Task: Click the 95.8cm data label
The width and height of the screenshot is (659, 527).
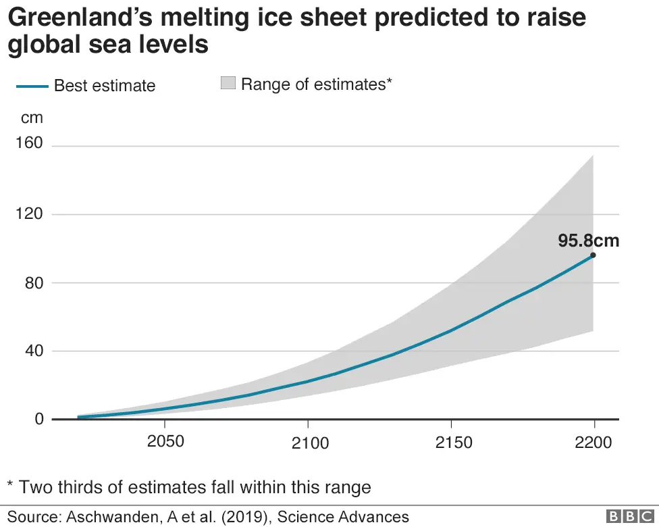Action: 587,241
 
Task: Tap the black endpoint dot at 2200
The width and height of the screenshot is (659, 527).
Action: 593,255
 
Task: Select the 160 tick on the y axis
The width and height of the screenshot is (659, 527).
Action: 29,144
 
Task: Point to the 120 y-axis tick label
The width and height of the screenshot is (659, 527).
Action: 29,214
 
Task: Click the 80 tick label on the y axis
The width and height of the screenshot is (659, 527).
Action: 34,282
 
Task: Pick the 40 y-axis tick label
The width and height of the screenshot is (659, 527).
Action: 34,351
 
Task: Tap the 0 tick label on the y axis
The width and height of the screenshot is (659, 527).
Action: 38,419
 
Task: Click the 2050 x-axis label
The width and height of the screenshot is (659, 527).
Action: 165,443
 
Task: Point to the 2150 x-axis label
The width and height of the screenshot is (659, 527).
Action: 454,443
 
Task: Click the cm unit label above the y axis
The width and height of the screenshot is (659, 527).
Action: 32,118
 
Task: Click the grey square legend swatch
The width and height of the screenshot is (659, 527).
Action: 228,83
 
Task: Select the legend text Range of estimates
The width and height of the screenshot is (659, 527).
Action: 316,84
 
